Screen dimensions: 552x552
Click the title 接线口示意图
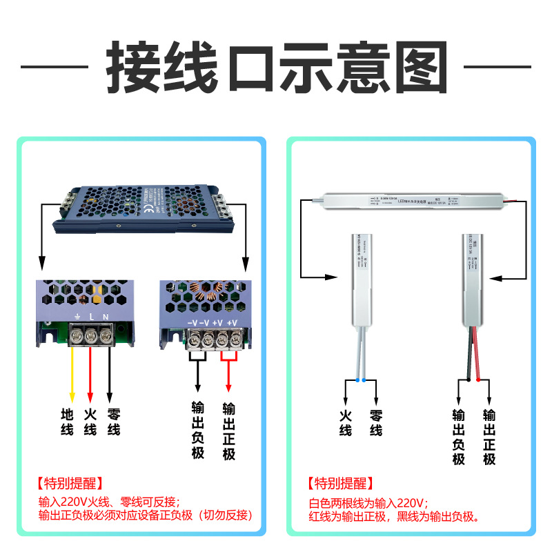coord(276,67)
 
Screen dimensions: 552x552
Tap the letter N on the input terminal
coord(106,317)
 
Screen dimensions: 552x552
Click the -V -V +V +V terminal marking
coord(212,323)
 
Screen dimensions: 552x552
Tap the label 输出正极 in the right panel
coord(489,437)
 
